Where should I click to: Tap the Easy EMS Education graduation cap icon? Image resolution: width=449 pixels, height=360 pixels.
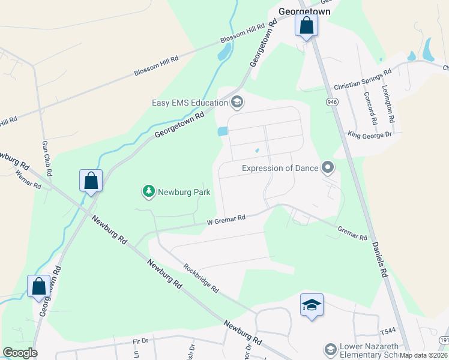pyautogui.click(x=237, y=102)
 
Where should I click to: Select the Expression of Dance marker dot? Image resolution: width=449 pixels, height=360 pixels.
pyautogui.click(x=328, y=167)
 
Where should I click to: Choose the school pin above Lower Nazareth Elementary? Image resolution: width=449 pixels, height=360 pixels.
pyautogui.click(x=312, y=306)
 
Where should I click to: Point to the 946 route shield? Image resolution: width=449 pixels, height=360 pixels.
pyautogui.click(x=332, y=103)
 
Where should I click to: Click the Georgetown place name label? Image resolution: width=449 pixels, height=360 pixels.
pyautogui.click(x=305, y=11)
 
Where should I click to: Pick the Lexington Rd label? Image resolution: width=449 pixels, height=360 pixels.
pyautogui.click(x=389, y=100)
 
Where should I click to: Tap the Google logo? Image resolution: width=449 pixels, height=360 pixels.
pyautogui.click(x=20, y=353)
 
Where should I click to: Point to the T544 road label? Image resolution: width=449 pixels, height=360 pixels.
pyautogui.click(x=388, y=332)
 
